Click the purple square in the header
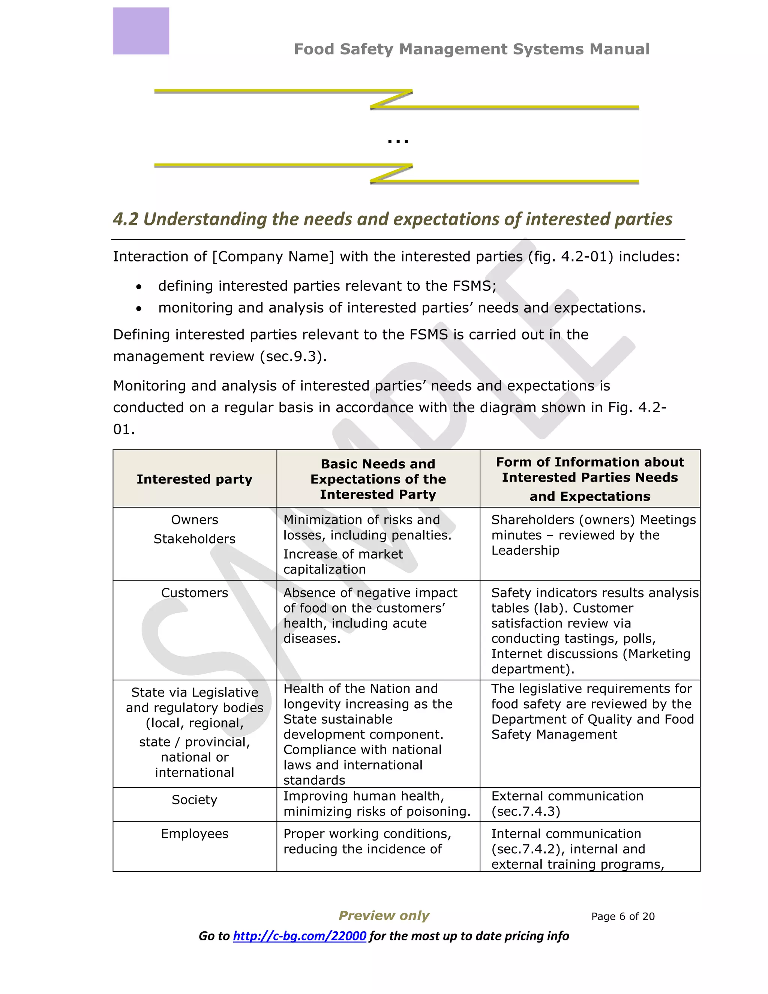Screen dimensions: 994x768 141,31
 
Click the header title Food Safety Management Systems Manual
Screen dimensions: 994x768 471,49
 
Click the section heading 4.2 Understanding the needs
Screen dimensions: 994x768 392,219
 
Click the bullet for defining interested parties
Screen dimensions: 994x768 139,287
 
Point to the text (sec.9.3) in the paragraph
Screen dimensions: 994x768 294,356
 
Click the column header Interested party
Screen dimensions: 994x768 194,479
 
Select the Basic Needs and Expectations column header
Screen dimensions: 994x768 378,479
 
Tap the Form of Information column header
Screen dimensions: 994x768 589,479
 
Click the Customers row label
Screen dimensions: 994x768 194,593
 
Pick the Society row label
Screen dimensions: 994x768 194,800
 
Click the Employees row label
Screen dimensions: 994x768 194,834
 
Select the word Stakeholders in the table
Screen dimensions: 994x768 194,539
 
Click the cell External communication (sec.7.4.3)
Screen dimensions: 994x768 567,804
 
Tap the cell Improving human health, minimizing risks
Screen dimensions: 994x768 377,804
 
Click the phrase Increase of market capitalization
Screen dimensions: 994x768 343,562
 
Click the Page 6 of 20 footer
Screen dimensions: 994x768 622,917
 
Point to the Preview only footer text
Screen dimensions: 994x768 384,915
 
